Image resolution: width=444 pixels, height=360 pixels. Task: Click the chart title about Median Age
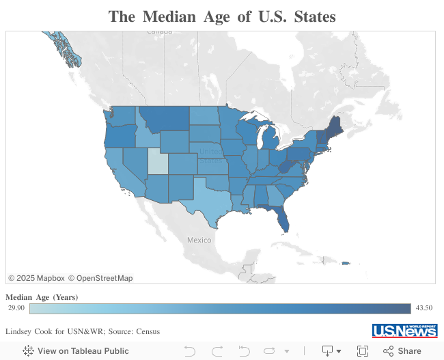(222, 17)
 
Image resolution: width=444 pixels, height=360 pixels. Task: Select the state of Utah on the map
(156, 161)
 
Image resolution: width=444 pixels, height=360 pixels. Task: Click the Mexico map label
(199, 240)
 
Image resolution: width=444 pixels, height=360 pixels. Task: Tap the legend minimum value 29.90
(16, 308)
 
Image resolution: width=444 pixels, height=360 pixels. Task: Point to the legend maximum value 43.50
(424, 308)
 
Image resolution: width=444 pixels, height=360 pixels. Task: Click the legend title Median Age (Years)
(42, 297)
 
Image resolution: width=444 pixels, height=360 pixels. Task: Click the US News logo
(404, 331)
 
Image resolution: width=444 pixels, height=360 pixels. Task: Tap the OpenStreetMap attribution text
(105, 278)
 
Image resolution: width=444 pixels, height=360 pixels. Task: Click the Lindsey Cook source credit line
(83, 331)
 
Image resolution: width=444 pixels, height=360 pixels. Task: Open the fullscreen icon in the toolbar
(363, 350)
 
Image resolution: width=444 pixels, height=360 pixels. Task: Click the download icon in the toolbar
(328, 350)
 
